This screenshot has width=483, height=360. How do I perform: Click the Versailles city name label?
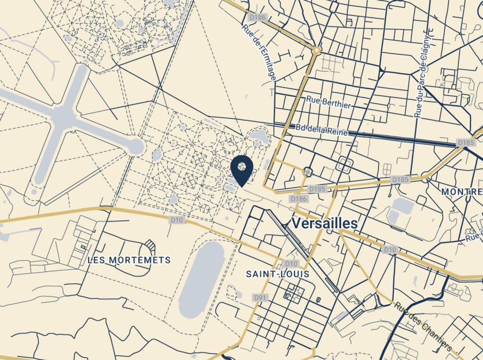325,223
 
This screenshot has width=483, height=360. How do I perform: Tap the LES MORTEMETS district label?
129,260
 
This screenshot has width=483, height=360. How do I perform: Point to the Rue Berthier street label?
329,102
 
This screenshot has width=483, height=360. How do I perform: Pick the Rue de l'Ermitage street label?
259,52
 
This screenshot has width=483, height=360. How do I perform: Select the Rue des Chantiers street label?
422,328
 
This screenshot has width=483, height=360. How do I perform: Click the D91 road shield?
260,297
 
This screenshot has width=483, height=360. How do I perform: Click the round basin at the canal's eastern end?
136,147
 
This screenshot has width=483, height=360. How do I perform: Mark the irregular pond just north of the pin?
259,136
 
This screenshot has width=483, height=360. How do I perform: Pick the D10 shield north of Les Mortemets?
176,220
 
